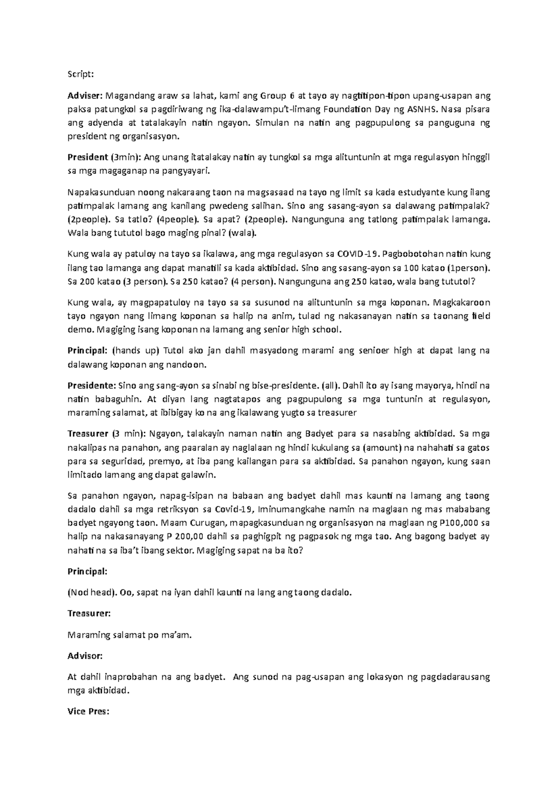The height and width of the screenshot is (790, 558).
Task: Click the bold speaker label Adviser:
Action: [x=85, y=96]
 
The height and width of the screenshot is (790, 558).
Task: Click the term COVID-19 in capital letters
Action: [x=357, y=254]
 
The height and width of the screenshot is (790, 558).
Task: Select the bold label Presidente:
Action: [x=92, y=386]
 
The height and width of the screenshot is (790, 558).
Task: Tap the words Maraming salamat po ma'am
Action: [x=129, y=635]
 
